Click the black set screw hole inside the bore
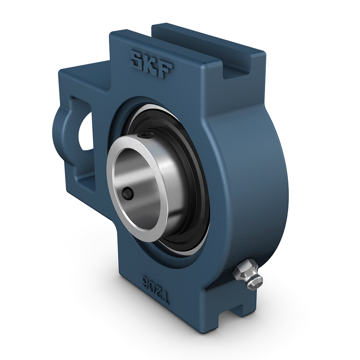(x=127, y=194)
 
